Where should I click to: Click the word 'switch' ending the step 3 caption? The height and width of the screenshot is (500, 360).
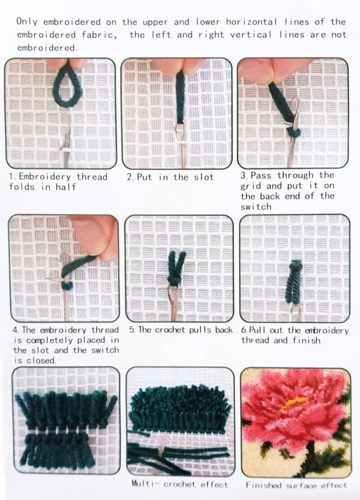click(256, 207)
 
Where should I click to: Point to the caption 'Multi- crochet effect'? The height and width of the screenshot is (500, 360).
click(180, 484)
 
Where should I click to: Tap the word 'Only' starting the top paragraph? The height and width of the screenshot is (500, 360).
click(27, 22)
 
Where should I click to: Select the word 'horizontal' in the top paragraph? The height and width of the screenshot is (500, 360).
click(251, 22)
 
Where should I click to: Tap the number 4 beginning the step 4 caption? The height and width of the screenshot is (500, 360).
click(16, 330)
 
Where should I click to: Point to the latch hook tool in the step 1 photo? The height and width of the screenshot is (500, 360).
click(67, 140)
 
